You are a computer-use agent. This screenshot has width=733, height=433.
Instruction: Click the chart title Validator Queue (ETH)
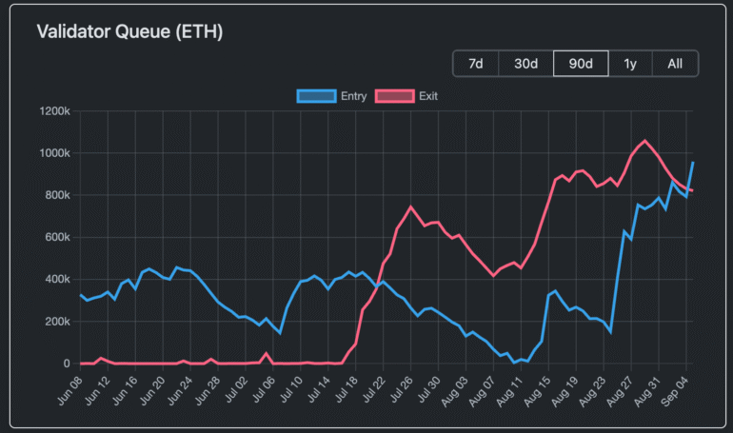point(129,31)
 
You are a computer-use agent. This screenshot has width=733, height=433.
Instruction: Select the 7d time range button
point(476,64)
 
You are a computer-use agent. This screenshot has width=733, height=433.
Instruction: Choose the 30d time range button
point(526,64)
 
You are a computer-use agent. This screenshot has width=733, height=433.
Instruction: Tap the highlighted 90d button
point(581,64)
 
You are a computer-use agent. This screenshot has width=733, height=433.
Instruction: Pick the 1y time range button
point(629,64)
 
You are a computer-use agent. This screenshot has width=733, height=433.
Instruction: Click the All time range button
point(675,64)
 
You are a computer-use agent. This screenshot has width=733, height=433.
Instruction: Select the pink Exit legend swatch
point(394,96)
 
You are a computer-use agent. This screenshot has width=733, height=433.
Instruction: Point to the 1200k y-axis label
point(54,111)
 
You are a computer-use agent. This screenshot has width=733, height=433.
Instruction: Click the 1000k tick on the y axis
point(54,153)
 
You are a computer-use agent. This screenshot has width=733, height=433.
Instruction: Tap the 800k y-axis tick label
point(57,195)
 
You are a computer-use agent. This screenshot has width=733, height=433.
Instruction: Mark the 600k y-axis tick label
point(57,237)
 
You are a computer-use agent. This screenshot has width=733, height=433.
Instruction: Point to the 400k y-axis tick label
point(57,279)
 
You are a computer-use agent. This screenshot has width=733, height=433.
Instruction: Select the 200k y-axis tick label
point(57,322)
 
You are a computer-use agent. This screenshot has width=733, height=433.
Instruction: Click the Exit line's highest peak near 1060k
point(644,141)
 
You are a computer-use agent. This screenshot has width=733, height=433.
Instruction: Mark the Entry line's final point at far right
point(693,163)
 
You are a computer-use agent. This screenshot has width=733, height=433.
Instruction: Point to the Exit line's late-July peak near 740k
point(410,207)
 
